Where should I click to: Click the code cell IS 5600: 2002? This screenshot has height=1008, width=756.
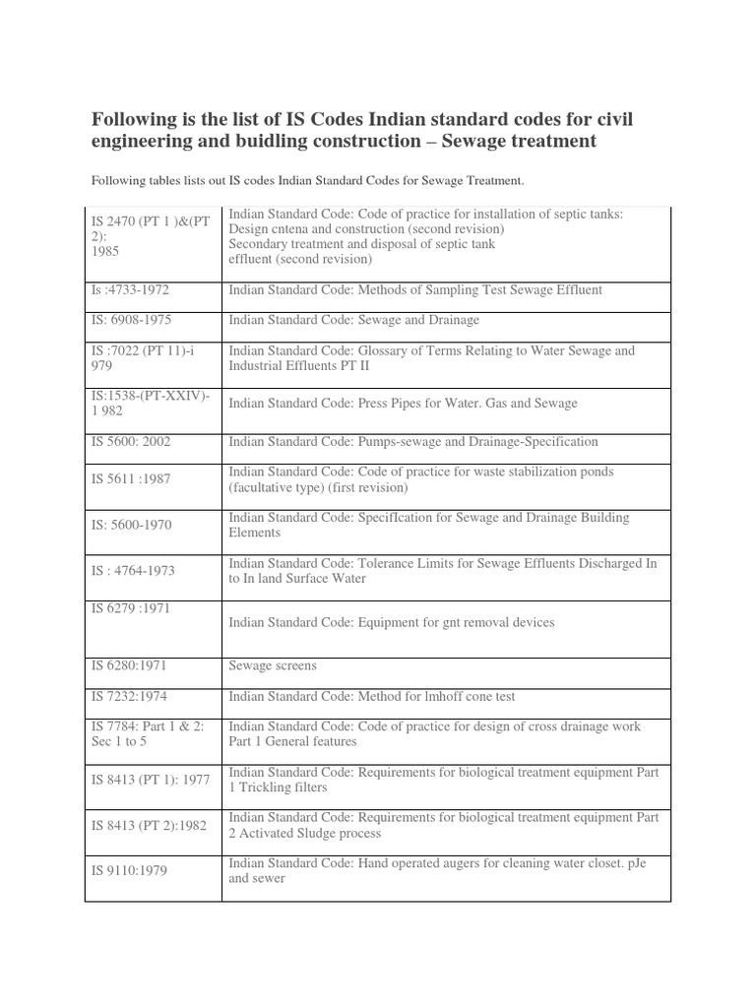pos(131,442)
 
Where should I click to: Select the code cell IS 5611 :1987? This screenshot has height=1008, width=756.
pos(131,478)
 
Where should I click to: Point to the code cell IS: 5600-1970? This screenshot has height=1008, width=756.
pos(131,525)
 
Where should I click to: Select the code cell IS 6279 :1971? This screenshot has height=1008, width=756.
pos(131,608)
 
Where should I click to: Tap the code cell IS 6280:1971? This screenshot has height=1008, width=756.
pos(128,665)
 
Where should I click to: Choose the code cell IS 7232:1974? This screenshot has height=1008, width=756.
pos(129,696)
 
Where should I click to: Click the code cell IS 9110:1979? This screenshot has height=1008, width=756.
pos(128,869)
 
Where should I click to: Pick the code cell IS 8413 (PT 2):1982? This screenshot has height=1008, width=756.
pos(149,825)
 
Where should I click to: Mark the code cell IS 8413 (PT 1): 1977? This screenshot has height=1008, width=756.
pos(151,779)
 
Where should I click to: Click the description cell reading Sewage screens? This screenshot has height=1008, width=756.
pos(273,665)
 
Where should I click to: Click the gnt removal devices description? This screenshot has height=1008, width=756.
pos(391,622)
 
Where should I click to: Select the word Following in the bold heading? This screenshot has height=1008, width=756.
pos(138,120)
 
